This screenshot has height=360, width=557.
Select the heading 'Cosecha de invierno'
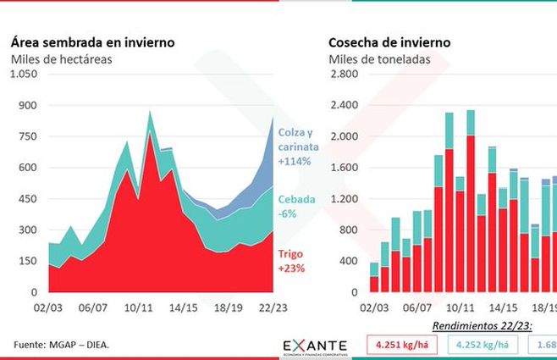click(x=389, y=42)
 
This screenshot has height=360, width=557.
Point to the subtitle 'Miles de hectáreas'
click(x=61, y=59)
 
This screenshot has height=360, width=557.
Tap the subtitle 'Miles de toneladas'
click(x=378, y=59)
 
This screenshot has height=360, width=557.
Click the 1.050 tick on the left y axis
click(x=23, y=74)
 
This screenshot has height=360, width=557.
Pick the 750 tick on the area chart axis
click(x=29, y=136)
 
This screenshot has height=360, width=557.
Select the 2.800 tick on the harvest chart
click(x=344, y=74)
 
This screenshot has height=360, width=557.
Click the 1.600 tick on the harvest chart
click(x=344, y=168)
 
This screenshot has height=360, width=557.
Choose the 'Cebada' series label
click(x=295, y=202)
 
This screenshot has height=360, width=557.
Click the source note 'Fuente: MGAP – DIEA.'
click(x=62, y=344)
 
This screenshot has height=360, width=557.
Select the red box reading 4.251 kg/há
click(x=400, y=346)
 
